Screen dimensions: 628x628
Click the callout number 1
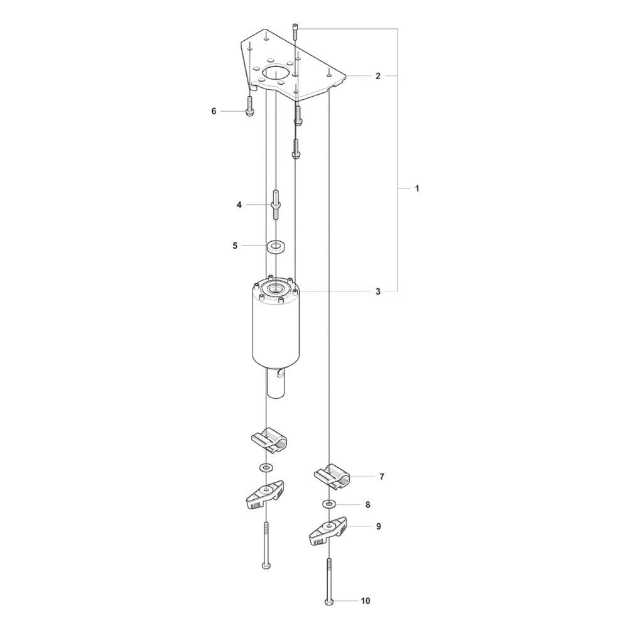point(417,188)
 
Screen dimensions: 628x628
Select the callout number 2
point(377,76)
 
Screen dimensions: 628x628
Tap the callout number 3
point(377,291)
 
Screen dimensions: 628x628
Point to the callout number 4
point(239,205)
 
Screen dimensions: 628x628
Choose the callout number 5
point(235,246)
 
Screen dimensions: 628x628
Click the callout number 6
point(214,111)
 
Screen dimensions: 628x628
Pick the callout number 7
point(382,477)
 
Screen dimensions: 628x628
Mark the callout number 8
point(367,505)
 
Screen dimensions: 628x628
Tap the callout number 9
point(379,526)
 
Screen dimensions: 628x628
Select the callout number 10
point(365,601)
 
